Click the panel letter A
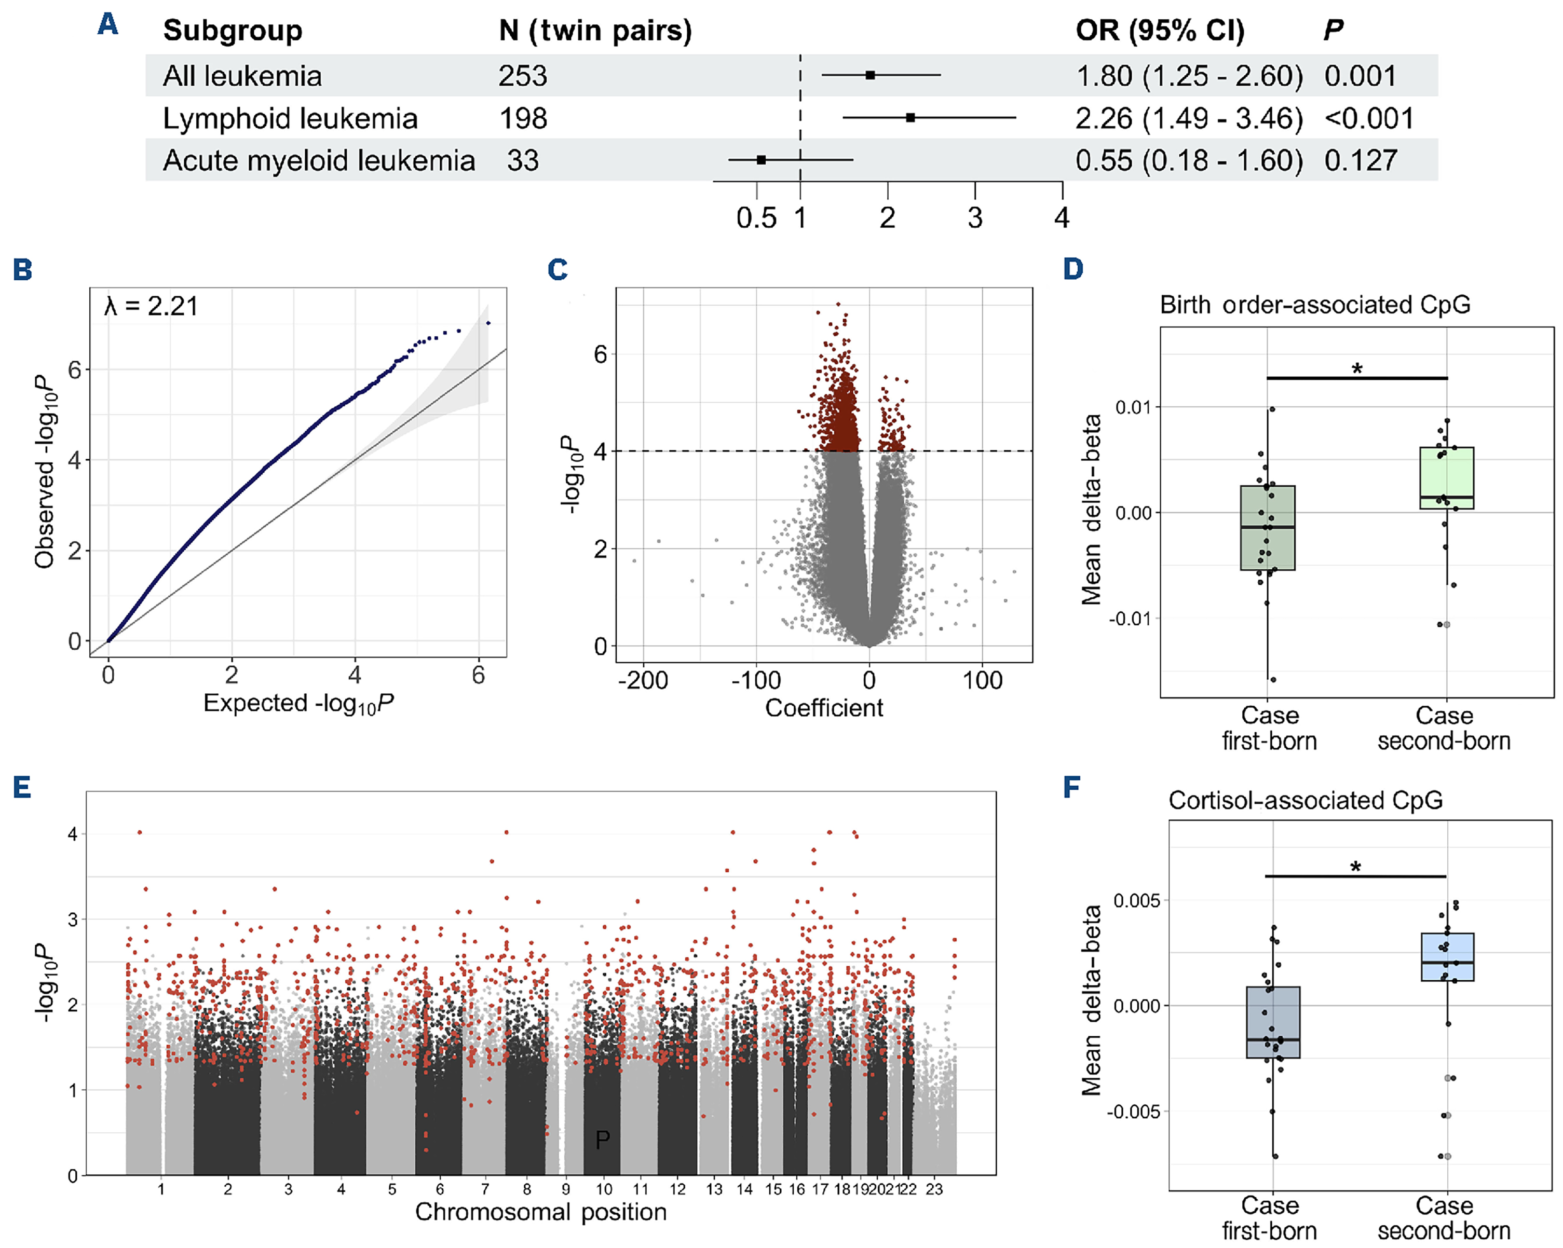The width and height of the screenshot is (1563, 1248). [108, 24]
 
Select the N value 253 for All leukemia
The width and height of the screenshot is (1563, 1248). [522, 76]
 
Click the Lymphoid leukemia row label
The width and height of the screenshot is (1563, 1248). [290, 119]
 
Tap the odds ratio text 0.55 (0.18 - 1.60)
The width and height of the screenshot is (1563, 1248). [1189, 161]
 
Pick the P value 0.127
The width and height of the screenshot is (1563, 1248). [1361, 161]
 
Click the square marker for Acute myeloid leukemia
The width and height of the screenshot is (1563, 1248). [761, 160]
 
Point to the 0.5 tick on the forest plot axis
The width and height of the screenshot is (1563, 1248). [756, 217]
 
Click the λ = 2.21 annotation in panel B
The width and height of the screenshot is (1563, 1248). [152, 307]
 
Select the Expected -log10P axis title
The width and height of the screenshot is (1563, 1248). [298, 704]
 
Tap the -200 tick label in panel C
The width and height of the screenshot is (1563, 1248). [642, 680]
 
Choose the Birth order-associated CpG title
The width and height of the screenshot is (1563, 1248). [1315, 305]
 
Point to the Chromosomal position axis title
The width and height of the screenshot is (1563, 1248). [541, 1212]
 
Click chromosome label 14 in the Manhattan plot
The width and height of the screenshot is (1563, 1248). [744, 1189]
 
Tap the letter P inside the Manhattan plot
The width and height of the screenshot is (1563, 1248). [603, 1140]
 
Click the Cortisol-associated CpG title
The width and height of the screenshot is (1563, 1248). [1306, 800]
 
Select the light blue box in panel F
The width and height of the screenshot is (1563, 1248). [1448, 957]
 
